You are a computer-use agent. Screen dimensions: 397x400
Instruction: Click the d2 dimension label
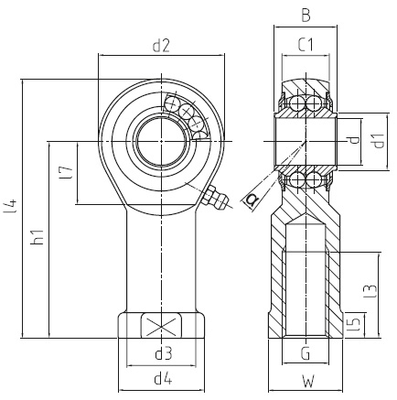tap(161, 46)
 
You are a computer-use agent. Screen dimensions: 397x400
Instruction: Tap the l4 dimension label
tap(11, 206)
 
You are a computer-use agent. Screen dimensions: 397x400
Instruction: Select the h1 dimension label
tap(38, 237)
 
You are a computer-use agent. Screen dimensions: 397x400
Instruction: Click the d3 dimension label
tap(164, 354)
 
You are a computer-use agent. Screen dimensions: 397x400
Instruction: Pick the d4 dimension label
tap(164, 379)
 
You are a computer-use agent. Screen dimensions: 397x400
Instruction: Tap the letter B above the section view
tap(306, 16)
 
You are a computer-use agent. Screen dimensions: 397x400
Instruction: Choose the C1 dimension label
tap(306, 45)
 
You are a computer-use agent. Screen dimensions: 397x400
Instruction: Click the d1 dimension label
tap(379, 141)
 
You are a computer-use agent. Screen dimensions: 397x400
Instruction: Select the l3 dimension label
tap(370, 291)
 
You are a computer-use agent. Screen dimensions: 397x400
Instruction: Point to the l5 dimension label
tap(355, 325)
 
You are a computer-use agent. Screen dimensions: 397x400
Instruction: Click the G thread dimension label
tap(306, 353)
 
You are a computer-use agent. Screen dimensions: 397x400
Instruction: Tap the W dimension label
tap(307, 381)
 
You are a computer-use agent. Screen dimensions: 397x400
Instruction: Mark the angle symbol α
tap(252, 200)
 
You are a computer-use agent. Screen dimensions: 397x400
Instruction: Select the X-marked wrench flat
tap(161, 326)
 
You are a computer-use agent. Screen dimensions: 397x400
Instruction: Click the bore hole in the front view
tap(161, 142)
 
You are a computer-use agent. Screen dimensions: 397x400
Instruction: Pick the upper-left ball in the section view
tap(296, 104)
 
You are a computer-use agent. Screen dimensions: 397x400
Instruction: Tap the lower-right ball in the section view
tap(313, 179)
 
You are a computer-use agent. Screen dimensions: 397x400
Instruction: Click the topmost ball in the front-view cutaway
tap(172, 103)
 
